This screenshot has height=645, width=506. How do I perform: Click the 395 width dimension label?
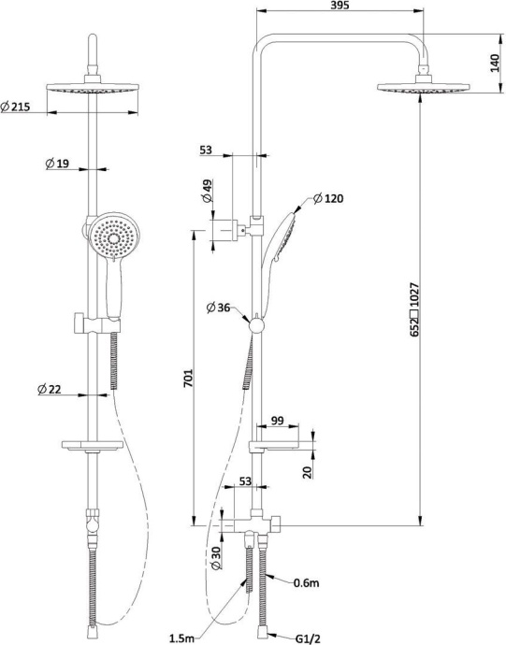tap(340, 6)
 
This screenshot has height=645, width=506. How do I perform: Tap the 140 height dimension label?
tap(496, 63)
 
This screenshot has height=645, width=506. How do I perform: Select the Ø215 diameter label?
tap(16, 107)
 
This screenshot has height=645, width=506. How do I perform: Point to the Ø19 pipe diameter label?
tap(57, 164)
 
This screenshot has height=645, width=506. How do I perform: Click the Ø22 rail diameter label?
tap(50, 389)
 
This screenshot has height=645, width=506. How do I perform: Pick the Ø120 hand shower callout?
tap(328, 199)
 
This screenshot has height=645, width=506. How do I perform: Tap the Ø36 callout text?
tap(219, 308)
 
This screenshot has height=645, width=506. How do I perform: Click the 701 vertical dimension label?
tap(188, 378)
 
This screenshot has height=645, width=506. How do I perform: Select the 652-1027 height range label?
tap(414, 309)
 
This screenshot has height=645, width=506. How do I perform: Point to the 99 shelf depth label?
tap(278, 421)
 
